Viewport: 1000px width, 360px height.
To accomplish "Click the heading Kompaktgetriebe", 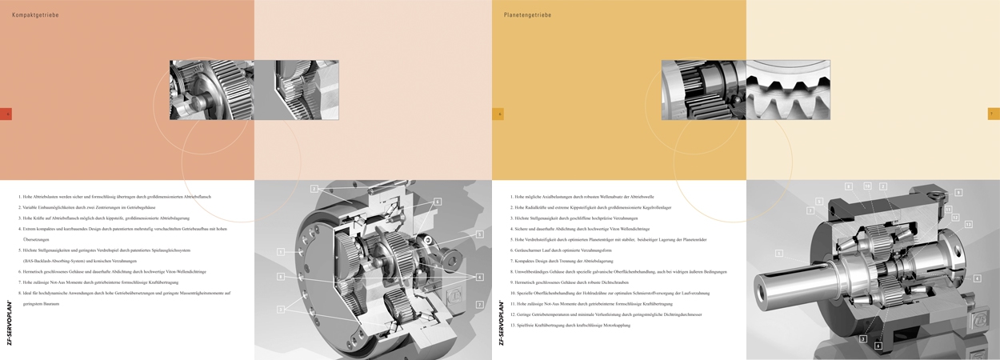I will tap(35, 15).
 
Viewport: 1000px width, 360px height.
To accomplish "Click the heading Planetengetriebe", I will tap(527, 15).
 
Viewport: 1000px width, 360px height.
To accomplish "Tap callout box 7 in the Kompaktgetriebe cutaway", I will tap(479, 305).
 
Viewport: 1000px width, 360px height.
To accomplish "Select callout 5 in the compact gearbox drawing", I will tap(479, 234).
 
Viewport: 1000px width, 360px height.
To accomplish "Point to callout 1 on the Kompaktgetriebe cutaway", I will tap(281, 252).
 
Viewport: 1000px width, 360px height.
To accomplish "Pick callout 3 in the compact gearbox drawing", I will tap(281, 309).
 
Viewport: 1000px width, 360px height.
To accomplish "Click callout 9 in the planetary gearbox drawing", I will tap(958, 192).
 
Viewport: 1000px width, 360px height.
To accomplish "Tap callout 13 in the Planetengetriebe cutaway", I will tap(968, 225).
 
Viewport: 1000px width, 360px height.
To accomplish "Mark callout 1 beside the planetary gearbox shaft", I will tap(778, 254).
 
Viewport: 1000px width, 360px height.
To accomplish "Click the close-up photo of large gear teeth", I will tap(788, 90).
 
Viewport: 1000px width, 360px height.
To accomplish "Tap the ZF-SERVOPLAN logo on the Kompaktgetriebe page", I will tap(9, 323).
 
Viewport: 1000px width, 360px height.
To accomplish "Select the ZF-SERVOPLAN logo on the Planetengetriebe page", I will tap(501, 323).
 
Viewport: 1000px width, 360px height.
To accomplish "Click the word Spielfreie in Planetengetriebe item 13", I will tap(528, 326).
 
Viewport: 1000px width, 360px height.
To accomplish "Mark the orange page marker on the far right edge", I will tap(994, 114).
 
